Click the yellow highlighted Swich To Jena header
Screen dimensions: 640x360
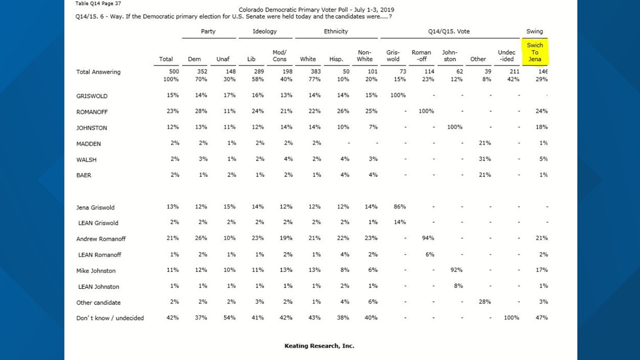[x=534, y=52]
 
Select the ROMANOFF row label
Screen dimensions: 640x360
[x=92, y=112]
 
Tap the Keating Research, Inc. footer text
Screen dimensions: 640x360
[x=319, y=346]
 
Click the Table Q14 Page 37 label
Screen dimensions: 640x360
[x=98, y=3]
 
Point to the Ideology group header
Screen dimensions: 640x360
[x=264, y=31]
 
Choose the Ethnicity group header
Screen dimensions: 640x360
[x=336, y=31]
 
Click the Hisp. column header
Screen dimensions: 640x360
[x=336, y=59]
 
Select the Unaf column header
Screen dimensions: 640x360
[x=223, y=59]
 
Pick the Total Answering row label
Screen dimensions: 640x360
[x=98, y=72]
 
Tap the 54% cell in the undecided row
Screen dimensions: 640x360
[x=230, y=317]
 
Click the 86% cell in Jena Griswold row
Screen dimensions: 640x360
[x=400, y=207]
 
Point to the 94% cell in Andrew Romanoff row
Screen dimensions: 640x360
[x=428, y=238]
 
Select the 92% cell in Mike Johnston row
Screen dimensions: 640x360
[x=456, y=270]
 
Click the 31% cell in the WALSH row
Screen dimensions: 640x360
[x=484, y=159]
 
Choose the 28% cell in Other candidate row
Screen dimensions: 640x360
[x=484, y=302]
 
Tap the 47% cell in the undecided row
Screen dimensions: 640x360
[x=542, y=317]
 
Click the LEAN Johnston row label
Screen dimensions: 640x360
[x=99, y=286]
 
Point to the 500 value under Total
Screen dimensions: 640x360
[x=174, y=71]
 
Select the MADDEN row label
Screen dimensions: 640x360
[x=89, y=144]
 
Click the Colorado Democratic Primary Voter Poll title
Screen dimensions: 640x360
[x=316, y=10]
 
